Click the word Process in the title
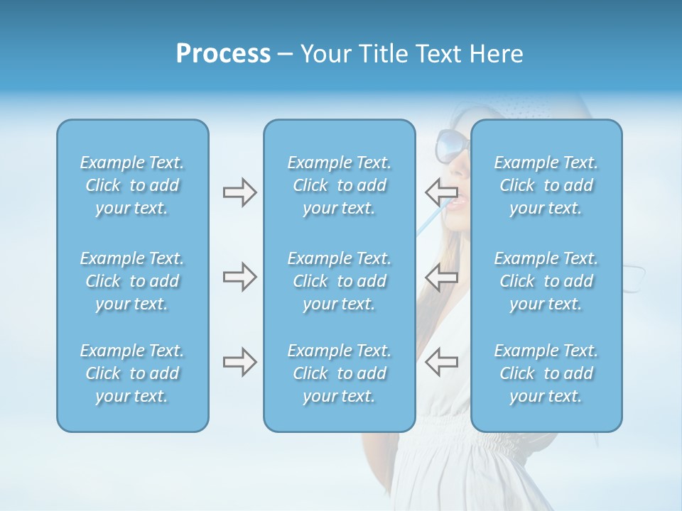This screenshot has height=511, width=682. click(x=223, y=54)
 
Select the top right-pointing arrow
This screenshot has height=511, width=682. click(x=239, y=192)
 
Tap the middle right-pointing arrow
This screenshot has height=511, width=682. click(x=239, y=277)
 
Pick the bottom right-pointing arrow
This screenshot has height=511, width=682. click(x=239, y=362)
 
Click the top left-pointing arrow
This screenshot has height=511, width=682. click(x=442, y=191)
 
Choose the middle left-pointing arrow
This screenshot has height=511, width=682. click(x=442, y=277)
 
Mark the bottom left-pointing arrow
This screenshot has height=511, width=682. click(x=442, y=362)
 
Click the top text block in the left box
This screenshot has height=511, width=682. click(x=132, y=185)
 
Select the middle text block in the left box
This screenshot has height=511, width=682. click(x=132, y=281)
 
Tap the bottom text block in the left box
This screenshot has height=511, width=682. click(x=132, y=373)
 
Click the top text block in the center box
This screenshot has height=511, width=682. click(x=339, y=185)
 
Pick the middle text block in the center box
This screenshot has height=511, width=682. click(x=339, y=281)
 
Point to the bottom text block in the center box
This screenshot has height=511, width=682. click(x=339, y=373)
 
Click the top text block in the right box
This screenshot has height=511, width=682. click(x=546, y=185)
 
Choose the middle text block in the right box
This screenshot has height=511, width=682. click(x=546, y=281)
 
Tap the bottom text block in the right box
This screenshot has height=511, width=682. click(x=546, y=373)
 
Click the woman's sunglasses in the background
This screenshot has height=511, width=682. click(x=452, y=145)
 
